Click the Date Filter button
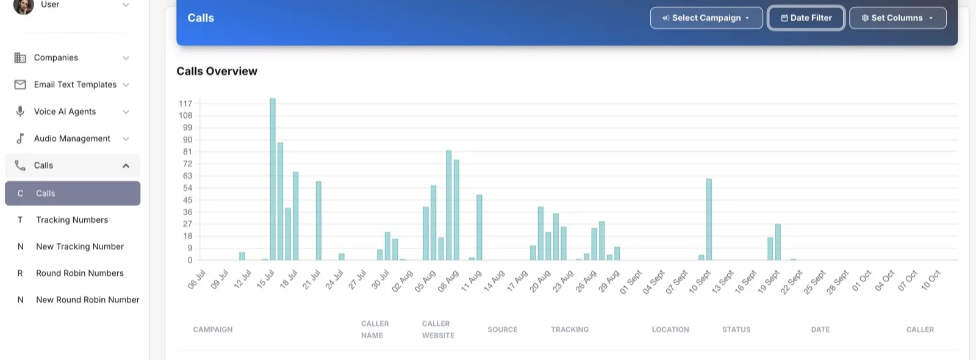click(806, 18)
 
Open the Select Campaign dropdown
click(706, 18)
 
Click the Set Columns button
click(897, 18)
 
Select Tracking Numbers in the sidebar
click(72, 220)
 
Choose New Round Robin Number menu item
click(88, 300)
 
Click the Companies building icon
click(20, 57)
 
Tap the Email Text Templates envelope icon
click(20, 85)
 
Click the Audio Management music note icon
click(20, 139)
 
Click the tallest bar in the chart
click(273, 179)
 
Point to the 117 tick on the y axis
click(185, 104)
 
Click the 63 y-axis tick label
click(187, 176)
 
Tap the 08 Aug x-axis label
click(448, 281)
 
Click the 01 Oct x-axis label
click(861, 281)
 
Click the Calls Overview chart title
click(217, 71)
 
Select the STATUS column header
click(736, 329)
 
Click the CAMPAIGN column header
click(213, 329)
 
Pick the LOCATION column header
click(670, 329)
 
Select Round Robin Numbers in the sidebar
click(80, 273)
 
